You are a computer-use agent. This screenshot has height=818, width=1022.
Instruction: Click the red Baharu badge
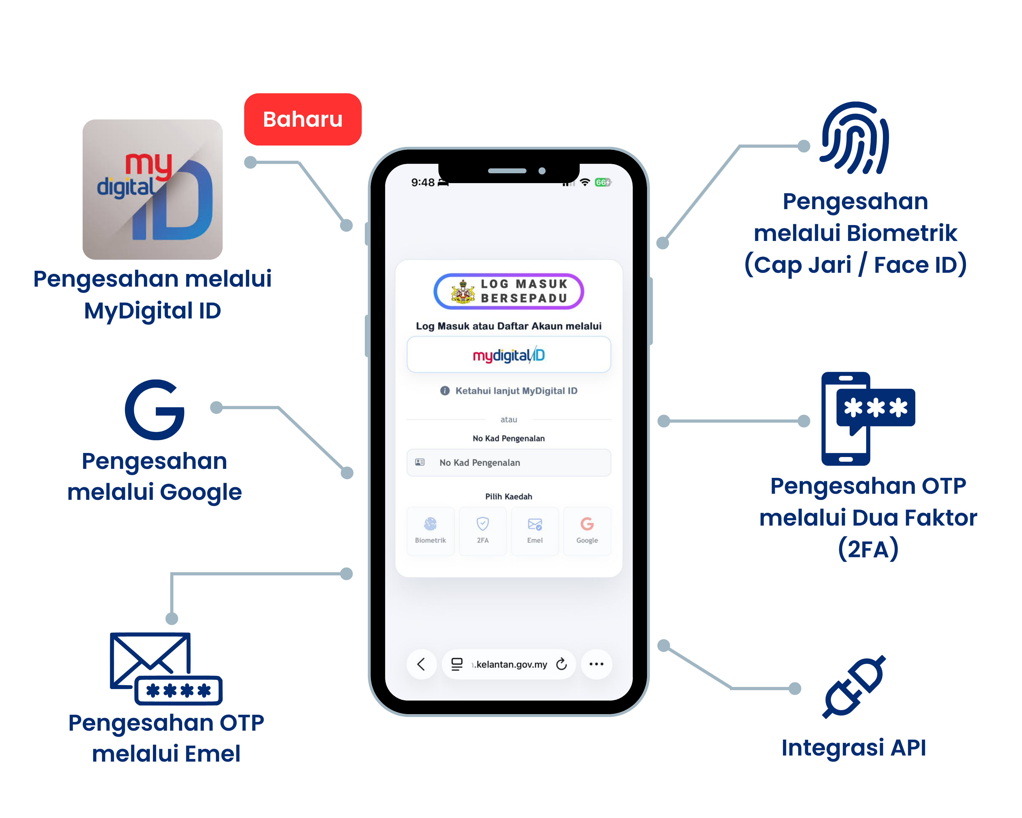[x=302, y=119]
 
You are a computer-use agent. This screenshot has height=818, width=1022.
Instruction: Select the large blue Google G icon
[x=155, y=409]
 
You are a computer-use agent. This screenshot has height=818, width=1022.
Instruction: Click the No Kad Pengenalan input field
[x=509, y=462]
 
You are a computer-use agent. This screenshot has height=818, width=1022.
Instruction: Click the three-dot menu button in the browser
[x=596, y=664]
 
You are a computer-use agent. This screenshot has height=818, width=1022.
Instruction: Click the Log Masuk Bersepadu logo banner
[x=509, y=291]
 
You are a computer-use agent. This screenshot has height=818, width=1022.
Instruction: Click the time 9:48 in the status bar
[x=422, y=183]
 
